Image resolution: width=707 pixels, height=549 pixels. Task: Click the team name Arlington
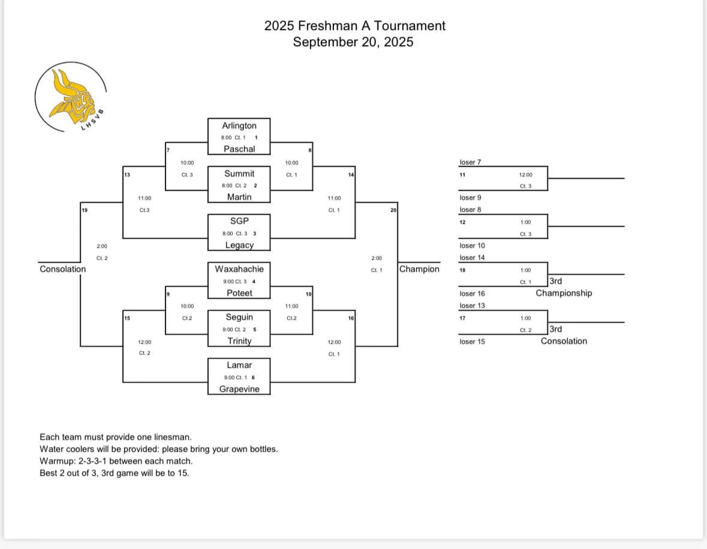click(x=239, y=125)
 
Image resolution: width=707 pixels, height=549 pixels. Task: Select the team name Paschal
click(x=239, y=149)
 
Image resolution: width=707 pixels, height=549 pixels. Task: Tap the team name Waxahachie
click(x=239, y=269)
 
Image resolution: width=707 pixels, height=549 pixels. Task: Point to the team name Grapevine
click(x=239, y=389)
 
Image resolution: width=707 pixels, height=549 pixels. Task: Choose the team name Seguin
click(x=239, y=317)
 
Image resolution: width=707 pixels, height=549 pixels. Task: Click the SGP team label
click(x=239, y=221)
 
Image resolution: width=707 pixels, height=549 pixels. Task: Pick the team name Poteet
click(x=239, y=293)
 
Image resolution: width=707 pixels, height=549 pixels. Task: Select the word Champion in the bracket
click(x=419, y=269)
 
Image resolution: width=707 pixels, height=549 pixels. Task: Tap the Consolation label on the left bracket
click(x=62, y=269)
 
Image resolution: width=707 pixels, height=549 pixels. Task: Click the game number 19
click(x=85, y=210)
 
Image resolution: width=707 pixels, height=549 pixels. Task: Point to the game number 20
click(x=393, y=210)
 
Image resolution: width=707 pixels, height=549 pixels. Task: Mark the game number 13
click(x=127, y=175)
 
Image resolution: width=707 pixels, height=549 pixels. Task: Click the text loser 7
click(x=470, y=162)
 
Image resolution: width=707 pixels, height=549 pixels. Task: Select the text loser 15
click(x=472, y=341)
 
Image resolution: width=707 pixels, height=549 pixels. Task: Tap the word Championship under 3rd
click(x=563, y=293)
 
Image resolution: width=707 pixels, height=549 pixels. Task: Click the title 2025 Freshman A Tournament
click(x=354, y=26)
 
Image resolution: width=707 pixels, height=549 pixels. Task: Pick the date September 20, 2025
click(x=353, y=42)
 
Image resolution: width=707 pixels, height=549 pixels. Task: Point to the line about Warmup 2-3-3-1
click(x=116, y=461)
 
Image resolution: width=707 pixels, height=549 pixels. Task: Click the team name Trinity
click(x=239, y=341)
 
